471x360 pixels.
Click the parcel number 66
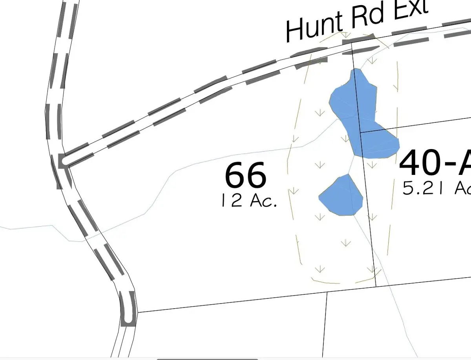(x=246, y=176)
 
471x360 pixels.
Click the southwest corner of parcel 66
(x=137, y=313)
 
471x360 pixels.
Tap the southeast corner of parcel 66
(x=376, y=286)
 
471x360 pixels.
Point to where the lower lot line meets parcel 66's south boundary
(x=327, y=292)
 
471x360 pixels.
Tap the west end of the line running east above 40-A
(x=360, y=132)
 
